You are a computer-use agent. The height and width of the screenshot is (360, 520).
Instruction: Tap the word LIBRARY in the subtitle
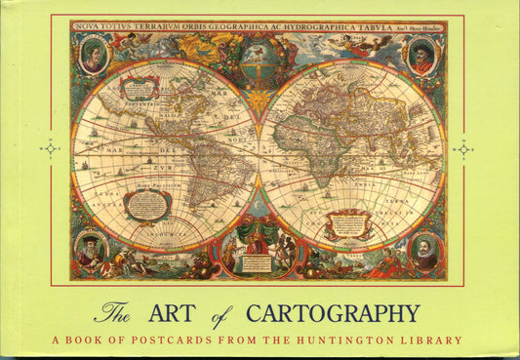[x=431, y=341]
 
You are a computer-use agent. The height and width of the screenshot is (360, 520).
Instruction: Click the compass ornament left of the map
[x=49, y=149]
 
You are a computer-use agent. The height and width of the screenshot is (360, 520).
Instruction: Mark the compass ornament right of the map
[x=463, y=149]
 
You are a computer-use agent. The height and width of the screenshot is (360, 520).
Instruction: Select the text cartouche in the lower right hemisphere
[x=349, y=224]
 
